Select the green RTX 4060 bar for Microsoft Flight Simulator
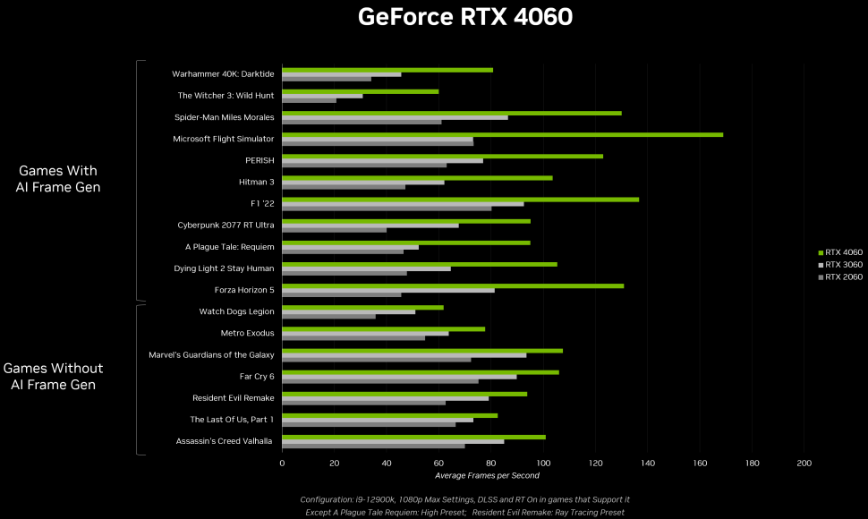(x=501, y=134)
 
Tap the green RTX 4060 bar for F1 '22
(x=460, y=199)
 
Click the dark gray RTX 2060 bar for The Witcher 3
(x=309, y=100)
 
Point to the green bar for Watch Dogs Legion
(x=362, y=307)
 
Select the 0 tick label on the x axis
(x=282, y=464)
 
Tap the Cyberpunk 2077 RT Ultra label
(x=226, y=225)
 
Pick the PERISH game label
(x=259, y=160)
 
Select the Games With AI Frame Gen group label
(x=58, y=179)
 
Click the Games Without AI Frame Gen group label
(x=54, y=377)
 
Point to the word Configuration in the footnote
(x=327, y=499)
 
